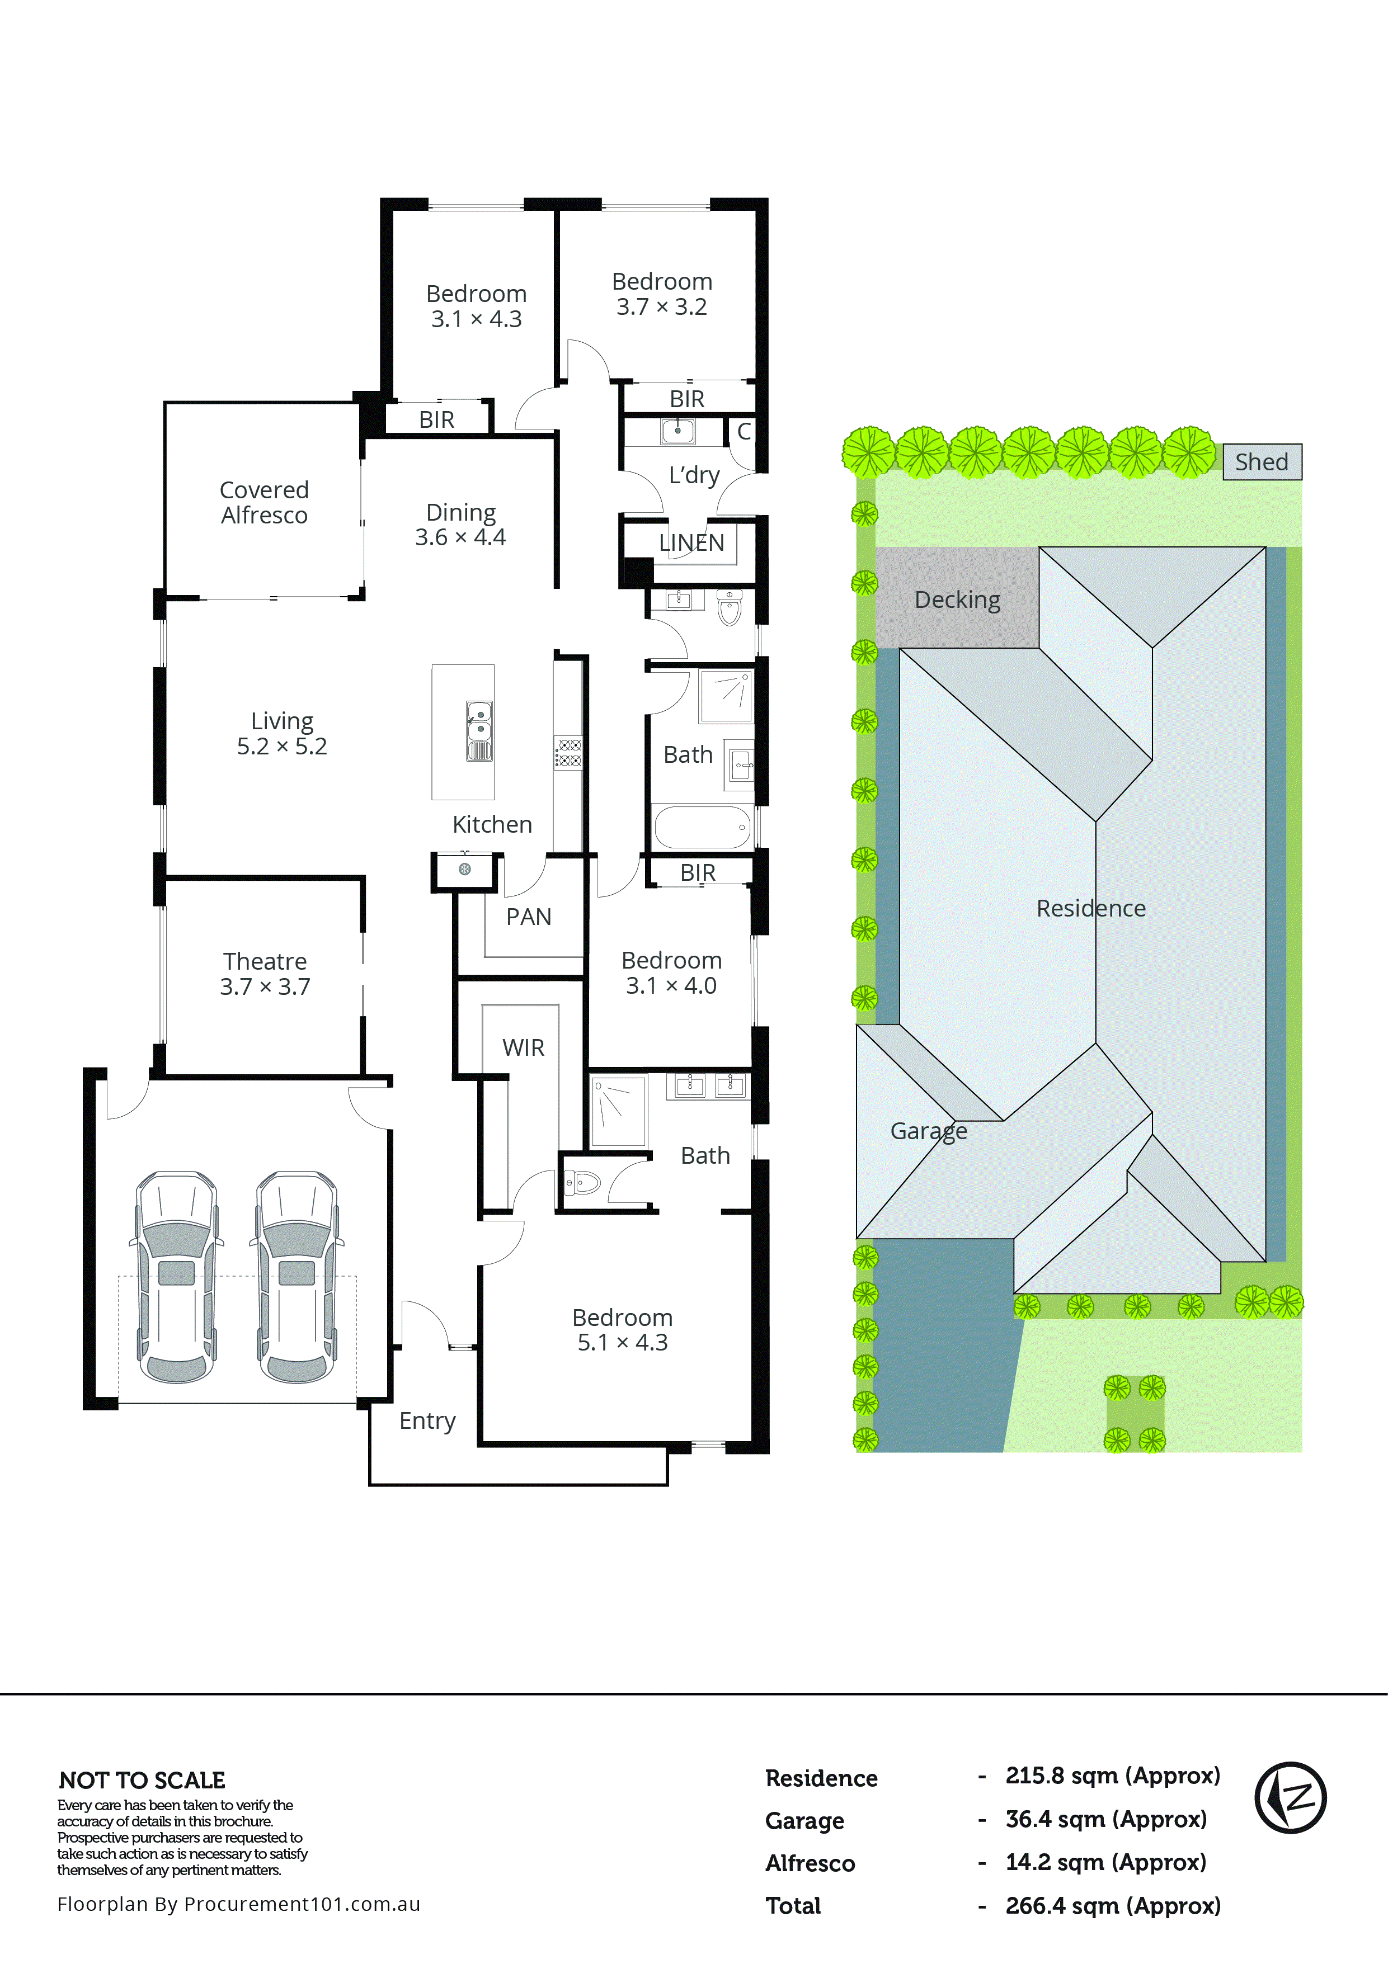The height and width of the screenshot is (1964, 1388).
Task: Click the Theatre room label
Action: pos(265,961)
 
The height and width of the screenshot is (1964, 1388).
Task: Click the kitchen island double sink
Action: pos(479,731)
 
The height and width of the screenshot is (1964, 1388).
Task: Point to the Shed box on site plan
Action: pos(1262,462)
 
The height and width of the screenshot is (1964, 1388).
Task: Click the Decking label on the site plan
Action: pos(957,599)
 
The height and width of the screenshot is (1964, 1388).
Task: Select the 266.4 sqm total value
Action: pos(1112,1906)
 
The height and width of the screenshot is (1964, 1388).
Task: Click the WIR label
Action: pos(523,1047)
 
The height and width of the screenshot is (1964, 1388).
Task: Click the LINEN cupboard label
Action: pos(691,542)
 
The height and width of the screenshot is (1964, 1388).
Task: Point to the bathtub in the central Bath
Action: pos(702,827)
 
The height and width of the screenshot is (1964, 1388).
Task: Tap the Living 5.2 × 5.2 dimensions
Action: pos(281,746)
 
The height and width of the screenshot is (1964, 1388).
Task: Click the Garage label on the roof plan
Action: pos(929,1131)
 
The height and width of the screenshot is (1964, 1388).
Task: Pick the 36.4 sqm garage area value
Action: pos(1105,1819)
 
